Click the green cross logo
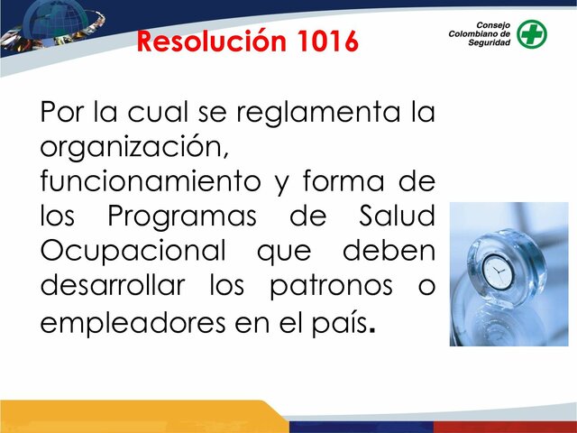(x=531, y=33)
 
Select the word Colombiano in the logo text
(x=479, y=33)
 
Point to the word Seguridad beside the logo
(x=487, y=43)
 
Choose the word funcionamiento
(x=150, y=180)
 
